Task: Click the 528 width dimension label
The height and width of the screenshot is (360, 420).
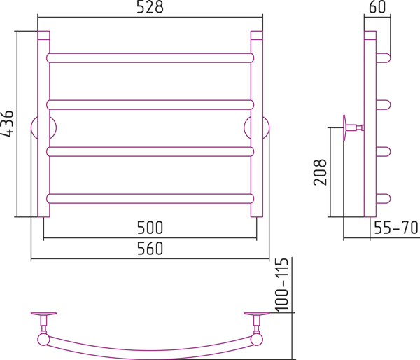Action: point(150,7)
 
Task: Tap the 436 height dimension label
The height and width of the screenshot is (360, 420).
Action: point(7,123)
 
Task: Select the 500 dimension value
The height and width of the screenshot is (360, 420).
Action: point(150,228)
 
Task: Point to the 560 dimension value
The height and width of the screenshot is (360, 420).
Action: point(150,249)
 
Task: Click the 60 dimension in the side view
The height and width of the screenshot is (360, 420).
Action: point(377,7)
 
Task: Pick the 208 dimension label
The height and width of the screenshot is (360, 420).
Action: point(320,172)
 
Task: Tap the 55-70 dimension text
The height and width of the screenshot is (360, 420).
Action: point(396,228)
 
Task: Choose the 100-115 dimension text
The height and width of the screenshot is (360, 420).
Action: point(282,285)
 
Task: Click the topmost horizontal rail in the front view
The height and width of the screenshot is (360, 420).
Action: point(150,58)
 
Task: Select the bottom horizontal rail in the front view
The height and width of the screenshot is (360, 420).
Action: point(150,199)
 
